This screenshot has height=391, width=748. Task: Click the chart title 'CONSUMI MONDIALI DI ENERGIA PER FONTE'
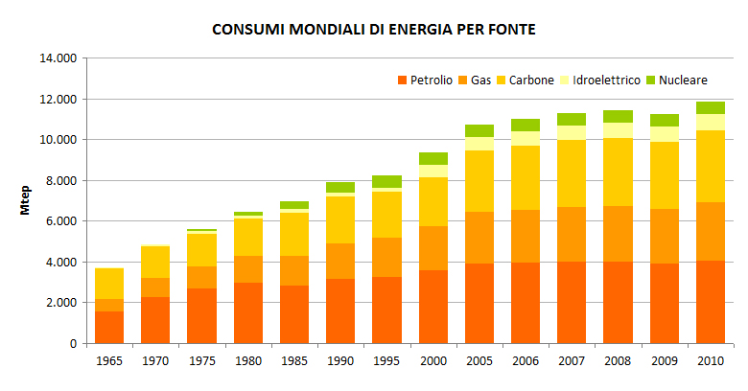(373, 30)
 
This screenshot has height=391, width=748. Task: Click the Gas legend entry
(480, 80)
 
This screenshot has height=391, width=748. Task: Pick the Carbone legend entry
(531, 80)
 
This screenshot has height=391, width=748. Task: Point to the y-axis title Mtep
(29, 200)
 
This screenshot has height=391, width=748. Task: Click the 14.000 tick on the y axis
(57, 58)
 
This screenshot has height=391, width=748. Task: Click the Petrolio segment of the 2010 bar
(711, 302)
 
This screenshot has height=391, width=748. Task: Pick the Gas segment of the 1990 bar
(341, 261)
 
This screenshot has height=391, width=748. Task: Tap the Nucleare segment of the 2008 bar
(618, 116)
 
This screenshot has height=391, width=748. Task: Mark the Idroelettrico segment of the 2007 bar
(572, 132)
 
